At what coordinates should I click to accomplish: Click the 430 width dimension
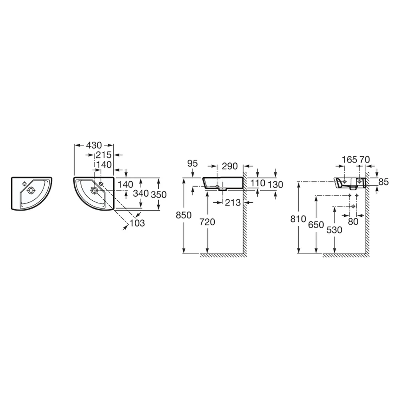pos(94,145)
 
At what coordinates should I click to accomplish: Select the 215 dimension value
pos(104,155)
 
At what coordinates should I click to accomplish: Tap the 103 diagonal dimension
pos(137,223)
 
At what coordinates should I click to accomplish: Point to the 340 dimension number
pos(141,194)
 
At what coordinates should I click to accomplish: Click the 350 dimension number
pos(158,195)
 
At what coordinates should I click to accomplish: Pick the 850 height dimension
pos(184,215)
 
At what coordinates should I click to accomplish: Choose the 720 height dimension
pos(207,222)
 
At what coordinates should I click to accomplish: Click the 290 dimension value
pos(229,166)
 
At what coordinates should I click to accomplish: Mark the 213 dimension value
pos(233,203)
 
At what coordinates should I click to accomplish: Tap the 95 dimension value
pos(192,163)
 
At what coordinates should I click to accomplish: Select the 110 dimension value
pos(257,183)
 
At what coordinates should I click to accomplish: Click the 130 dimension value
pos(275,184)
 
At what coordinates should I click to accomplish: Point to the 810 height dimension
pos(298,219)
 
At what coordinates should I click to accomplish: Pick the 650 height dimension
pos(316,225)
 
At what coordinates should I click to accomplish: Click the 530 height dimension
pos(334,230)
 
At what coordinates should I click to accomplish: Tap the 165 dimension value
pos(350,160)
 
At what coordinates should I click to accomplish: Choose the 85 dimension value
pos(383,182)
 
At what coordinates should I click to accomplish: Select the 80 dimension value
pos(353,221)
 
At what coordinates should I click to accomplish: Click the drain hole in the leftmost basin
pos(31,190)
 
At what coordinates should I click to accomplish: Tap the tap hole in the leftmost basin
pos(25,184)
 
